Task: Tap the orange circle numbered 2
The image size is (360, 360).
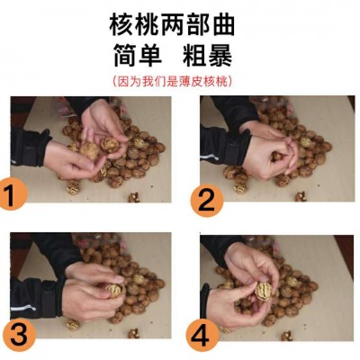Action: click(x=207, y=200)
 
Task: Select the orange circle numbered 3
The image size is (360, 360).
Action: click(x=19, y=335)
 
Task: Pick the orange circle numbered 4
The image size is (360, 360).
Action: click(x=202, y=335)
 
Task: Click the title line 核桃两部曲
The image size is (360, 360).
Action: click(x=172, y=25)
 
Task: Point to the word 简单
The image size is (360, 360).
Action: click(x=138, y=56)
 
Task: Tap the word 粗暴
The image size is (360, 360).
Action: click(x=208, y=56)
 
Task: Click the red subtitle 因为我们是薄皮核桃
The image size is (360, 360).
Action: click(x=172, y=82)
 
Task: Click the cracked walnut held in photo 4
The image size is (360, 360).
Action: click(x=263, y=290)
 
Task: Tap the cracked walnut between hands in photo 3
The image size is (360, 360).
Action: click(x=115, y=290)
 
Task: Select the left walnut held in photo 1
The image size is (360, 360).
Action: click(x=89, y=150)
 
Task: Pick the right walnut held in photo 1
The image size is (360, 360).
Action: click(x=110, y=145)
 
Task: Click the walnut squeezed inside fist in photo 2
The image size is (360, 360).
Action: click(x=276, y=156)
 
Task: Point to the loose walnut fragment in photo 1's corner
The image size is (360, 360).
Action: click(x=134, y=197)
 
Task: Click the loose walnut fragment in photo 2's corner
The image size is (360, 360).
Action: click(x=301, y=197)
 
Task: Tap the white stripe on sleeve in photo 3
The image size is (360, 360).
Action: click(x=23, y=308)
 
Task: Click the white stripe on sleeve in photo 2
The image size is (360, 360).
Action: click(x=209, y=157)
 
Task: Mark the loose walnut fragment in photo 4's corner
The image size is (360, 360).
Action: click(x=287, y=336)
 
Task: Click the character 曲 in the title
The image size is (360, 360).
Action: click(x=222, y=25)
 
